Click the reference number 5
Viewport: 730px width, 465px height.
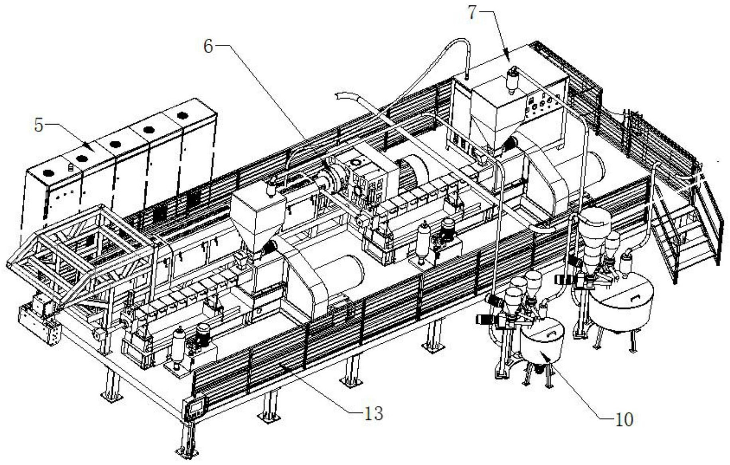click(x=38, y=125)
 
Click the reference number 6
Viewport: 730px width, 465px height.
click(x=208, y=47)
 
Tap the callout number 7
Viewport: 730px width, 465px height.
click(x=472, y=12)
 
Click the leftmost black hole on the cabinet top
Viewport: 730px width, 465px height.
click(x=49, y=173)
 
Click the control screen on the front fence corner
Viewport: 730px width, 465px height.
click(x=195, y=408)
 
